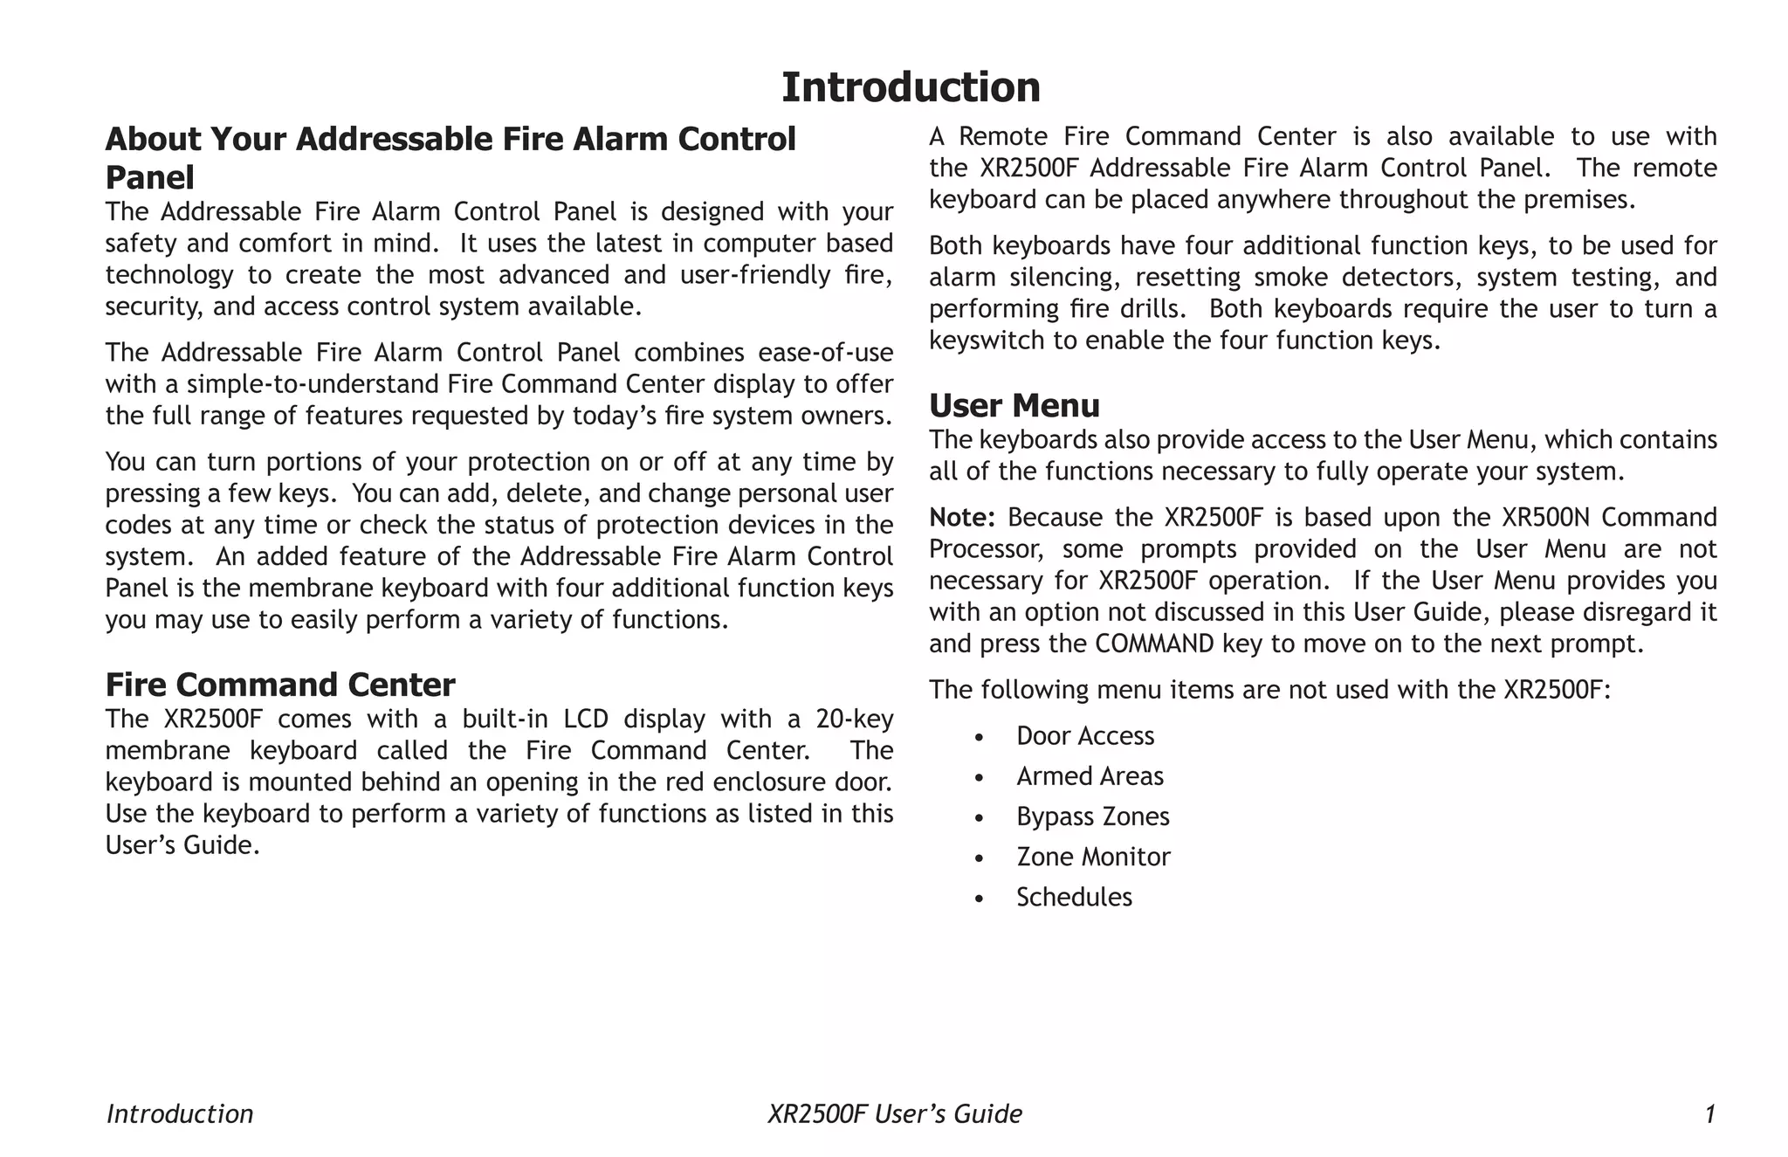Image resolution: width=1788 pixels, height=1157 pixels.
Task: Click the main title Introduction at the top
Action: tap(911, 87)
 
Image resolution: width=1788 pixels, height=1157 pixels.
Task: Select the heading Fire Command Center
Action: tap(280, 685)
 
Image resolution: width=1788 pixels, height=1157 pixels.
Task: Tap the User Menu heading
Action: tap(1014, 406)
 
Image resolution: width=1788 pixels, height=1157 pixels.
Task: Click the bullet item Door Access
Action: tap(1084, 736)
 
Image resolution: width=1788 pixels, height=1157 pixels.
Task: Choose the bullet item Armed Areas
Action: tap(1090, 776)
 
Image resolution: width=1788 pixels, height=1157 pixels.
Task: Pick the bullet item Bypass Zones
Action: tap(1092, 816)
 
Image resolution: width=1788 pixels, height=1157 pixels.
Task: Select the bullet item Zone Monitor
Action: tap(1093, 857)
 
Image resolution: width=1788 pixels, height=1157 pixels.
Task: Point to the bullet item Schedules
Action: tap(1074, 897)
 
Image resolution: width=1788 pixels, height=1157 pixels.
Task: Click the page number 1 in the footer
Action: tap(1710, 1114)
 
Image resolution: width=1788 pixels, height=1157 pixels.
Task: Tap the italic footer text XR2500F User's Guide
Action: tap(894, 1114)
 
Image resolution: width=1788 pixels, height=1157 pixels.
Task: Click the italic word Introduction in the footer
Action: tap(180, 1114)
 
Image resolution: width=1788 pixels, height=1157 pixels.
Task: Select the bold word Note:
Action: tap(961, 518)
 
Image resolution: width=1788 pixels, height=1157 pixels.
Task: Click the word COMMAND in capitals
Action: tap(1154, 644)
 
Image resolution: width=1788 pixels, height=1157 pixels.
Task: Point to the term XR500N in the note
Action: tap(1545, 518)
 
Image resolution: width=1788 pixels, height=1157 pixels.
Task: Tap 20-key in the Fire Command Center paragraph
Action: tap(854, 720)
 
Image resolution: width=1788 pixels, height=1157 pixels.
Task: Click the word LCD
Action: tap(590, 720)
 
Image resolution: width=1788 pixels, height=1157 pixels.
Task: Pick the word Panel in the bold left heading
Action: tap(149, 178)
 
